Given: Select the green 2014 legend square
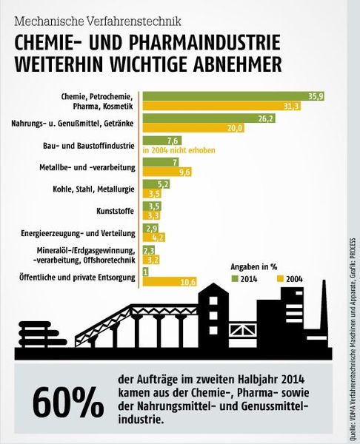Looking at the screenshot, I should point(236,279).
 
